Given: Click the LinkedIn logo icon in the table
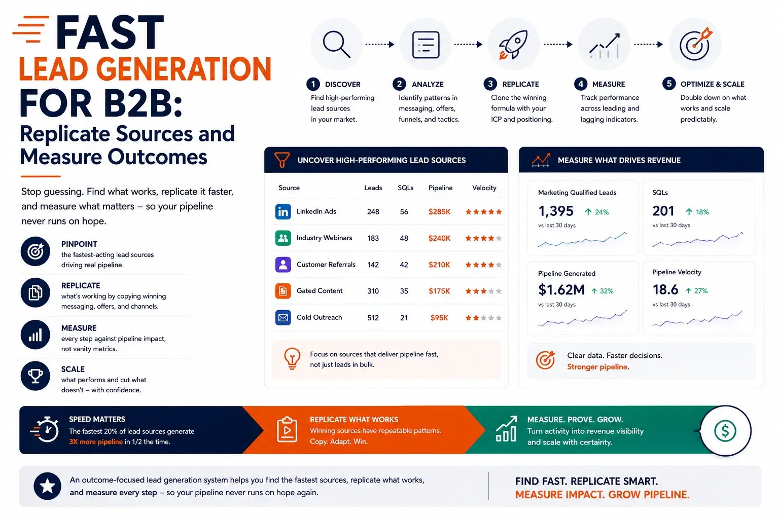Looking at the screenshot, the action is coord(283,211).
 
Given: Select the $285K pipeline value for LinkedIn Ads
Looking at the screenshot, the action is coord(439,212).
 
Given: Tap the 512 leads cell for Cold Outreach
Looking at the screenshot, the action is coord(373,318).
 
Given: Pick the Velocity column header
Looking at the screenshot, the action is coord(484,188).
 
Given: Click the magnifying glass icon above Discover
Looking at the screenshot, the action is coord(336,44).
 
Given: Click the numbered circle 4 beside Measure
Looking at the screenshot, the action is coord(580,84).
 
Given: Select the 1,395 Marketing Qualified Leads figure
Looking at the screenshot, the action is coord(556,211).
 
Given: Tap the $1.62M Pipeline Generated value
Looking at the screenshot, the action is coord(561,289).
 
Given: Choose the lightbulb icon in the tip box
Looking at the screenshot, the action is coord(292,358).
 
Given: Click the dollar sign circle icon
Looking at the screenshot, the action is coord(725,431).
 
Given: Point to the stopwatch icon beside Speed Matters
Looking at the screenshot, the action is coord(45,430).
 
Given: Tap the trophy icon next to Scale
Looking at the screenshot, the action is coord(35,376).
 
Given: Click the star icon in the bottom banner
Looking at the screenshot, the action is coord(47,486).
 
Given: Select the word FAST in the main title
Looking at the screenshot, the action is coord(110,32).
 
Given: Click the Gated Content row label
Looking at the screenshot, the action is coord(319,290).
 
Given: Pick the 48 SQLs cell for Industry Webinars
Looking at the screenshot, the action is coord(404,238).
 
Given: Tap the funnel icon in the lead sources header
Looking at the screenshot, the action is coord(282,160).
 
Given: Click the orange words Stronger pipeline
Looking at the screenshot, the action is coord(597,367).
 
